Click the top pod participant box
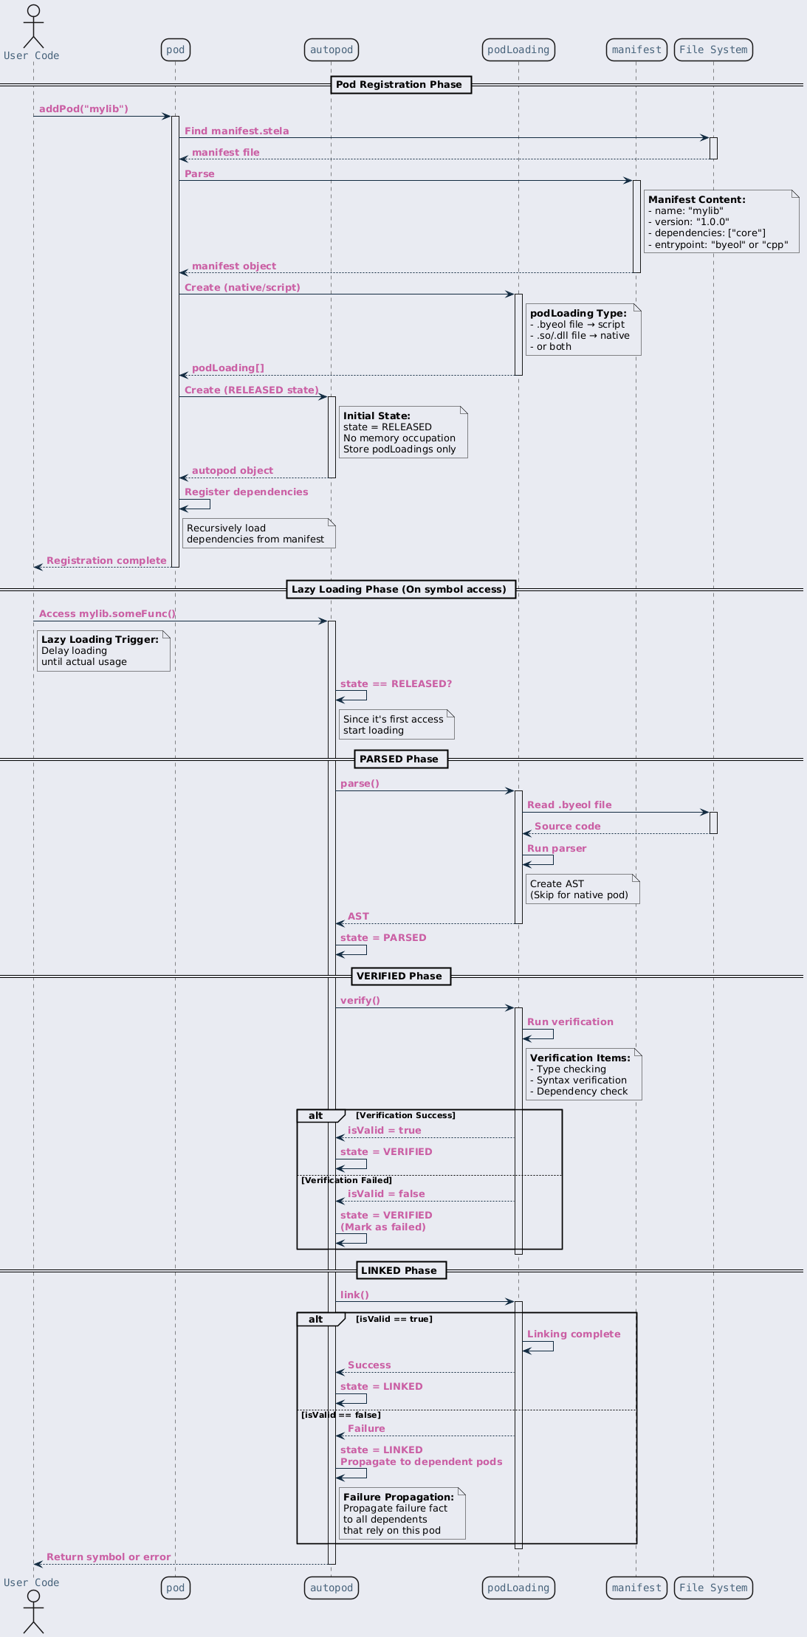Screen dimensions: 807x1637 point(176,49)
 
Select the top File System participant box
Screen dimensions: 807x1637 point(713,49)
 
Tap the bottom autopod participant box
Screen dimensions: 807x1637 point(332,1588)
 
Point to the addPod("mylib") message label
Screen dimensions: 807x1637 point(83,109)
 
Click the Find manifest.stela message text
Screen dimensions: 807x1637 point(236,131)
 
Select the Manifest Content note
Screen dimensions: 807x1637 point(721,221)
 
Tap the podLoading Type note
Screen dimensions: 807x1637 point(583,329)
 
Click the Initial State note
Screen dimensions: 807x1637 point(404,432)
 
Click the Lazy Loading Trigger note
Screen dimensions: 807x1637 point(103,650)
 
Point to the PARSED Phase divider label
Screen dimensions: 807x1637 point(399,759)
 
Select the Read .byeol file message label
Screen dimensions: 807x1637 point(569,805)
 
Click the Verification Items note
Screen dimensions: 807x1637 point(583,1074)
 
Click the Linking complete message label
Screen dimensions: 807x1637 point(574,1334)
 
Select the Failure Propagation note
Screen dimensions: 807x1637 point(402,1513)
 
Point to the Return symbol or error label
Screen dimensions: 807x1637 point(109,1557)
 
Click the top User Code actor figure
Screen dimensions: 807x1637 point(33,27)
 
